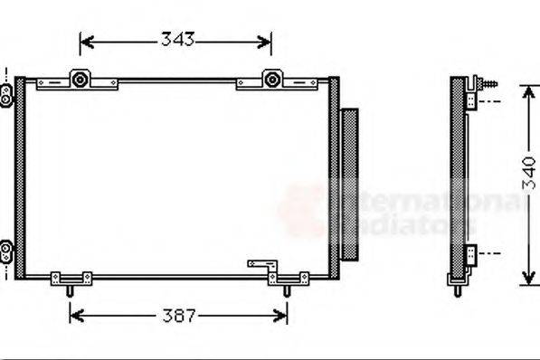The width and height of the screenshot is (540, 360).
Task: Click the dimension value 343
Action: point(178,41)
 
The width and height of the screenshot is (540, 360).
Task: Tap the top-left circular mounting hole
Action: point(81,80)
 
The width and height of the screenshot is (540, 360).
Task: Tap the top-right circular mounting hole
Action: point(270,80)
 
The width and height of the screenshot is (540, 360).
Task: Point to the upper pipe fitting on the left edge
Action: point(6,91)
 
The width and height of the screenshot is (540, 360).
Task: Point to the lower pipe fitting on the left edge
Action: point(6,247)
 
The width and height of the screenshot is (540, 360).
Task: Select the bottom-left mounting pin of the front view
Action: point(70,290)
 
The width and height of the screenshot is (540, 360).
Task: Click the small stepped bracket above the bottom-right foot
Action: point(261,266)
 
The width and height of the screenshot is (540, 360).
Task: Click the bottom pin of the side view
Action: point(459,289)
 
